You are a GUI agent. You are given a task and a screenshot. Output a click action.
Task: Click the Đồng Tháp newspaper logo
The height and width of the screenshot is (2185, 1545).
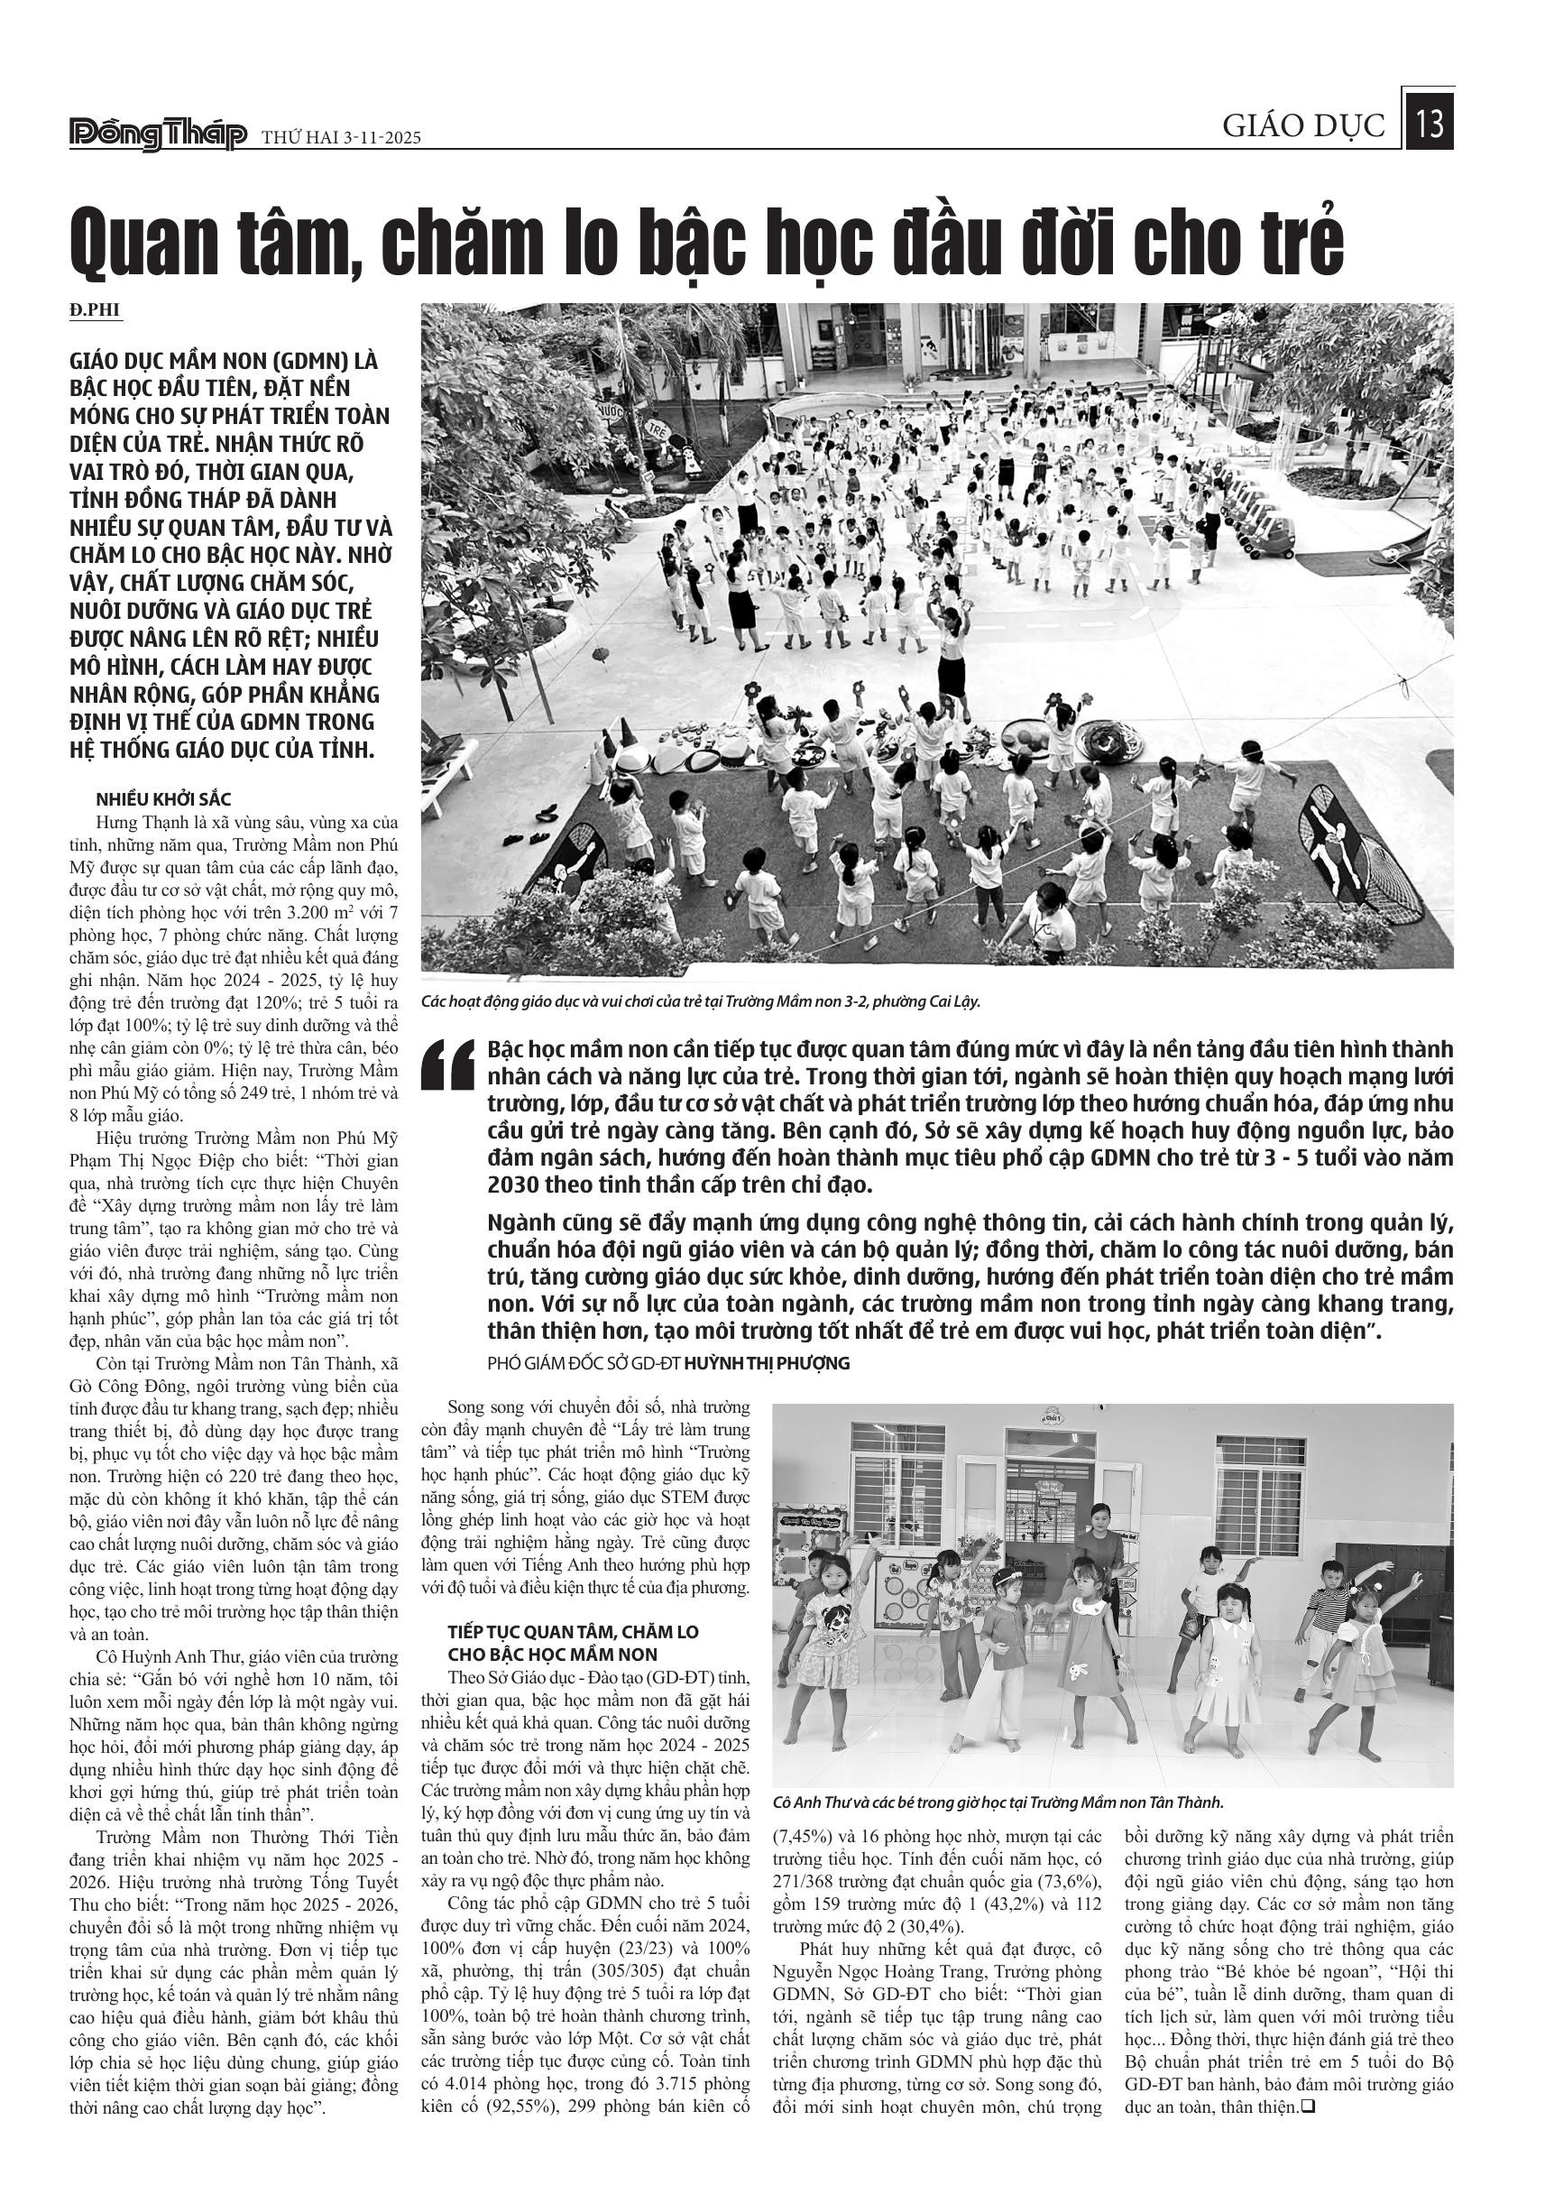tap(158, 135)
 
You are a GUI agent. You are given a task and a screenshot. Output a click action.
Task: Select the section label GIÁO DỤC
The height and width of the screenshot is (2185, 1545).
tap(1303, 126)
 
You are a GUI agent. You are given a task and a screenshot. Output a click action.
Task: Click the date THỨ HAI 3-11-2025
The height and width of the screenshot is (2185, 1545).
tap(342, 138)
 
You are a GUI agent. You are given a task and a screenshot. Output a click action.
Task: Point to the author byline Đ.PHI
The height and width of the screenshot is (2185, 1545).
tap(97, 310)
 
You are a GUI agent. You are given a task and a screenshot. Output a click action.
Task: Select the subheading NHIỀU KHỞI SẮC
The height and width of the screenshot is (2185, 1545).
tap(162, 799)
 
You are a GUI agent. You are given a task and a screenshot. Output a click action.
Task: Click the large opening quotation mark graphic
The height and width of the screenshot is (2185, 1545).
tap(448, 1065)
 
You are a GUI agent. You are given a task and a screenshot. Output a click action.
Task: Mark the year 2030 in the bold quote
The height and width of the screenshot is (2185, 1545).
tap(513, 1185)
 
